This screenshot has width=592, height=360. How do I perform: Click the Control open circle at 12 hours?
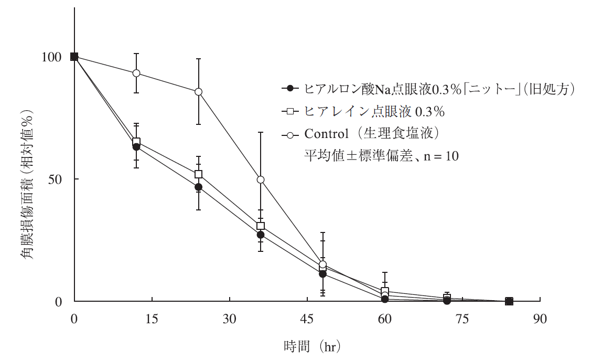136,73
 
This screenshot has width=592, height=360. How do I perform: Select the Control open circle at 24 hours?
198,92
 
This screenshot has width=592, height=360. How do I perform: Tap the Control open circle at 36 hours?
261,179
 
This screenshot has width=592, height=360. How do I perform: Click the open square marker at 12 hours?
136,142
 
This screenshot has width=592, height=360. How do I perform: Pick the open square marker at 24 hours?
198,174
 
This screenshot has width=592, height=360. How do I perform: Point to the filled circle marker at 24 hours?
198,187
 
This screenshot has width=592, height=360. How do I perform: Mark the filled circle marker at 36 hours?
261,235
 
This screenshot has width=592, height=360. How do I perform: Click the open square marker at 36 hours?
261,226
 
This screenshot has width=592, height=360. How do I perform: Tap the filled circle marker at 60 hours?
385,299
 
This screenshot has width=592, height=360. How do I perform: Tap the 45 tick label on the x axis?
307,319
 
